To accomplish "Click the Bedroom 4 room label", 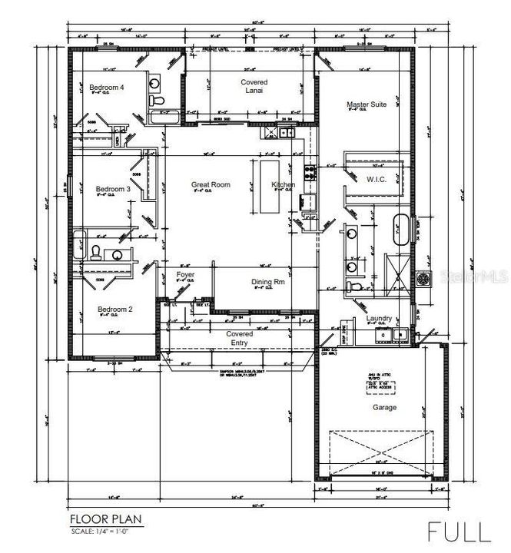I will (107, 88).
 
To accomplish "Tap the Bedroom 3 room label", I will (112, 189).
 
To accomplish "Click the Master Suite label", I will (367, 104).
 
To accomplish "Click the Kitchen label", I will (283, 185).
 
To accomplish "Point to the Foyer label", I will (185, 274).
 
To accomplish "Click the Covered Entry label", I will (239, 339).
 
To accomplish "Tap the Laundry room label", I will (379, 318).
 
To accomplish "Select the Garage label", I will (384, 407).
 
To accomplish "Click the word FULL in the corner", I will (459, 531).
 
